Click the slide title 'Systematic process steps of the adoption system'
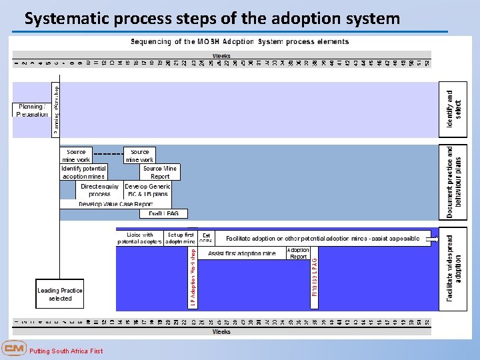212,18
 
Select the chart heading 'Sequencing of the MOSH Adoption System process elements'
239,41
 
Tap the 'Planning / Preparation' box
31,110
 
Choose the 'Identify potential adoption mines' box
84,172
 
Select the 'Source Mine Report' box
160,172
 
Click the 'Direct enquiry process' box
100,190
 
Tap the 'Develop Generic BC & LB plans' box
147,190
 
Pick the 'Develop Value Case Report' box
116,204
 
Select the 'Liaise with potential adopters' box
139,238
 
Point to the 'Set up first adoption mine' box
181,238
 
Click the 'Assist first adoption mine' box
241,253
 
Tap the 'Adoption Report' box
298,253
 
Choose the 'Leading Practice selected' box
60,294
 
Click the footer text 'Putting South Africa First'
67,351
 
